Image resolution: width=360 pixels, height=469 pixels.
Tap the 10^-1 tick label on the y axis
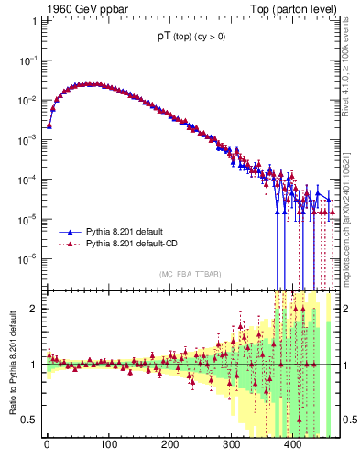click(27, 60)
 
